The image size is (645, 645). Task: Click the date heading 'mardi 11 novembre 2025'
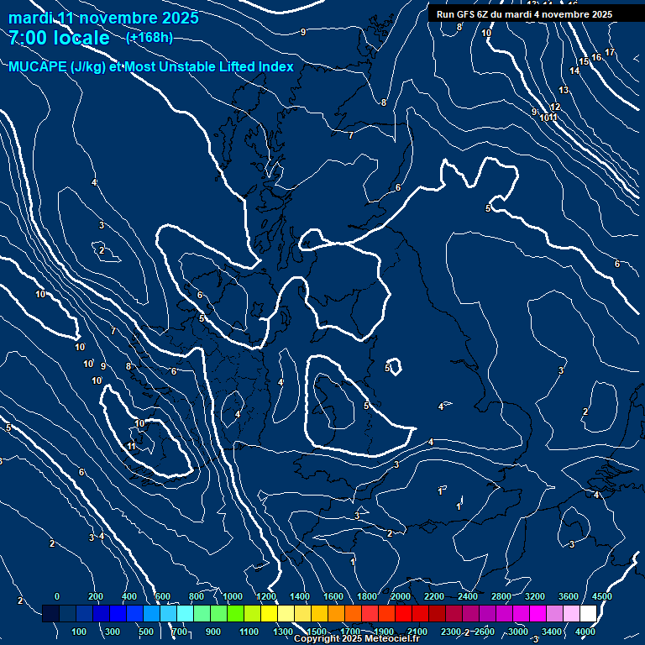click(103, 18)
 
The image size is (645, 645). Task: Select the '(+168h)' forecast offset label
click(149, 38)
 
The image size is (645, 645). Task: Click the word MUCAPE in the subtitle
click(38, 67)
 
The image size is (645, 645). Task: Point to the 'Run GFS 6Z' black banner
click(524, 14)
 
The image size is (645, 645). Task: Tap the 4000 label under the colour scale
click(585, 632)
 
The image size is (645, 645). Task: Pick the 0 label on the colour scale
click(57, 596)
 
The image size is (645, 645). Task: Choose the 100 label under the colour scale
click(80, 632)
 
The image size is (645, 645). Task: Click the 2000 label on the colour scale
click(401, 596)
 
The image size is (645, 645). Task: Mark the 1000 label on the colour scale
click(233, 596)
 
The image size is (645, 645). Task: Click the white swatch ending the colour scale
click(611, 614)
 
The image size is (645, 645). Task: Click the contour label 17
click(610, 53)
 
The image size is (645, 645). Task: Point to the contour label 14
click(574, 71)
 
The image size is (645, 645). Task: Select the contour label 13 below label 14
click(564, 90)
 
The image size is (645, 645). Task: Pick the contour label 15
click(584, 62)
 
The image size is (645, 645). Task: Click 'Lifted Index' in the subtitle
click(252, 67)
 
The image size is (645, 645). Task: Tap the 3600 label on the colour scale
click(569, 596)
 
